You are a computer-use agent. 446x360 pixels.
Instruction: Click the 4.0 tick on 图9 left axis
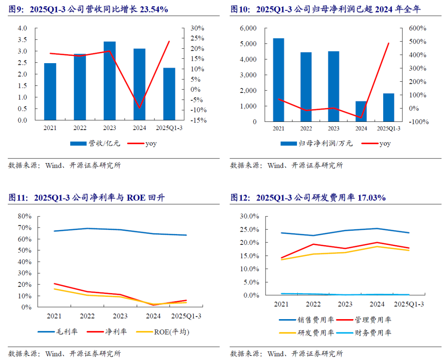(22, 28)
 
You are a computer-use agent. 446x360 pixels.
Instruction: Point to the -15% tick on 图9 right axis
(198, 120)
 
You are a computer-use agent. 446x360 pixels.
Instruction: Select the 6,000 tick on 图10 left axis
(248, 28)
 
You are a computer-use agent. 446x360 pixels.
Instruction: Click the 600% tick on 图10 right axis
(418, 28)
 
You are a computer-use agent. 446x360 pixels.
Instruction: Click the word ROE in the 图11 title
(136, 198)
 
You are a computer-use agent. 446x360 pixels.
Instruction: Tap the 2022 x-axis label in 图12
(313, 304)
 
